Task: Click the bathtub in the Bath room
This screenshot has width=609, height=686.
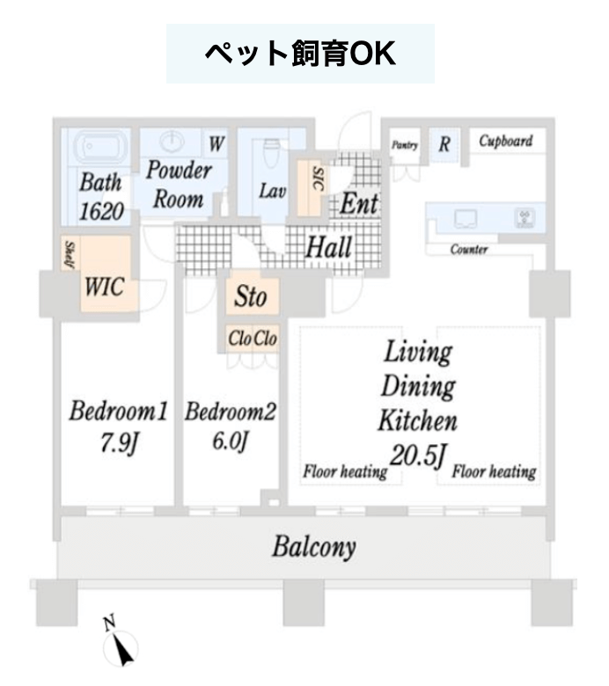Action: (100, 148)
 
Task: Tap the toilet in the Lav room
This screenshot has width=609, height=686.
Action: (271, 153)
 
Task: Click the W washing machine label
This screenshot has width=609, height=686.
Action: (216, 143)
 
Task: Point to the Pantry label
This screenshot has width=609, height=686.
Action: (405, 144)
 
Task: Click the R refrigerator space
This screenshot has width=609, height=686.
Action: (444, 144)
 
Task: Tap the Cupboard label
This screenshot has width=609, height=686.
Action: (506, 141)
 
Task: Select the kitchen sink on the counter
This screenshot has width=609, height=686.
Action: (465, 218)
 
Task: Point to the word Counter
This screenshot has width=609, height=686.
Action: (469, 250)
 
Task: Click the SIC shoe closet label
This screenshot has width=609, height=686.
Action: (319, 179)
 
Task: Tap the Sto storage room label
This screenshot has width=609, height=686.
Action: (251, 296)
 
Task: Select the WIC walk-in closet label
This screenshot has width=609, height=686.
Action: (104, 288)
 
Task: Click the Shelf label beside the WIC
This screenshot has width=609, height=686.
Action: (70, 254)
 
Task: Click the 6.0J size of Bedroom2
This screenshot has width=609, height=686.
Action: (231, 440)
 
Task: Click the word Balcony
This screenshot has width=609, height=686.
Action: (314, 548)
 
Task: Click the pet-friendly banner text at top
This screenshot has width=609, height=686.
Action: (300, 54)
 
